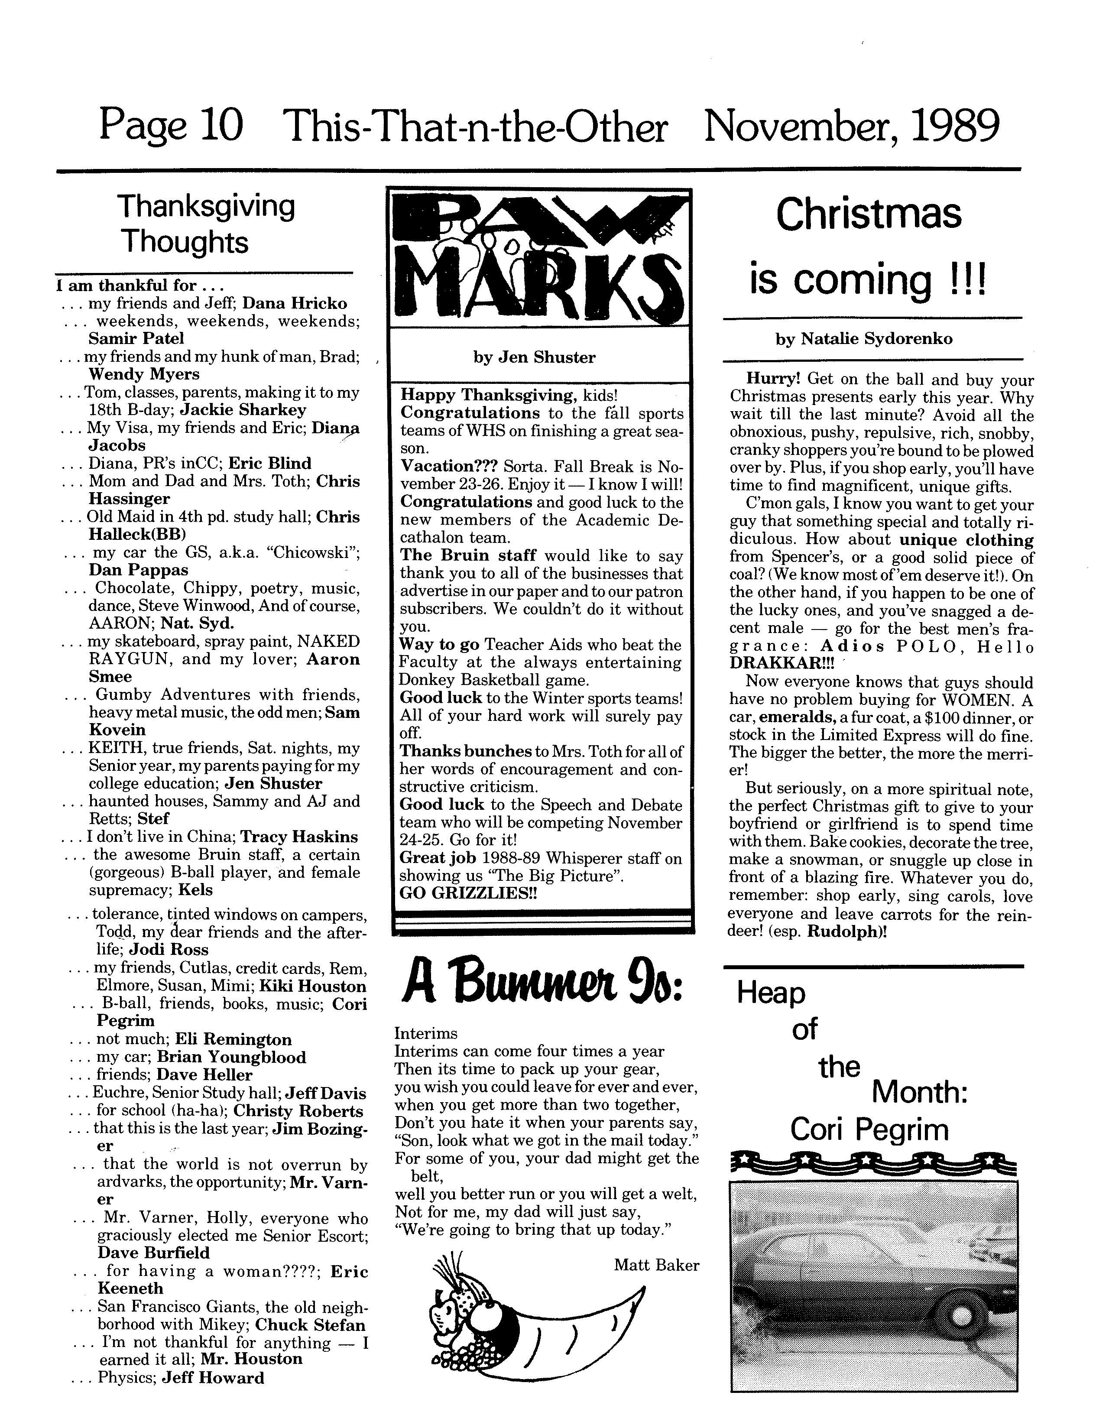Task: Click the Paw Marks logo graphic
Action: point(539,258)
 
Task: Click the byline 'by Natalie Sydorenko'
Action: point(864,339)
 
